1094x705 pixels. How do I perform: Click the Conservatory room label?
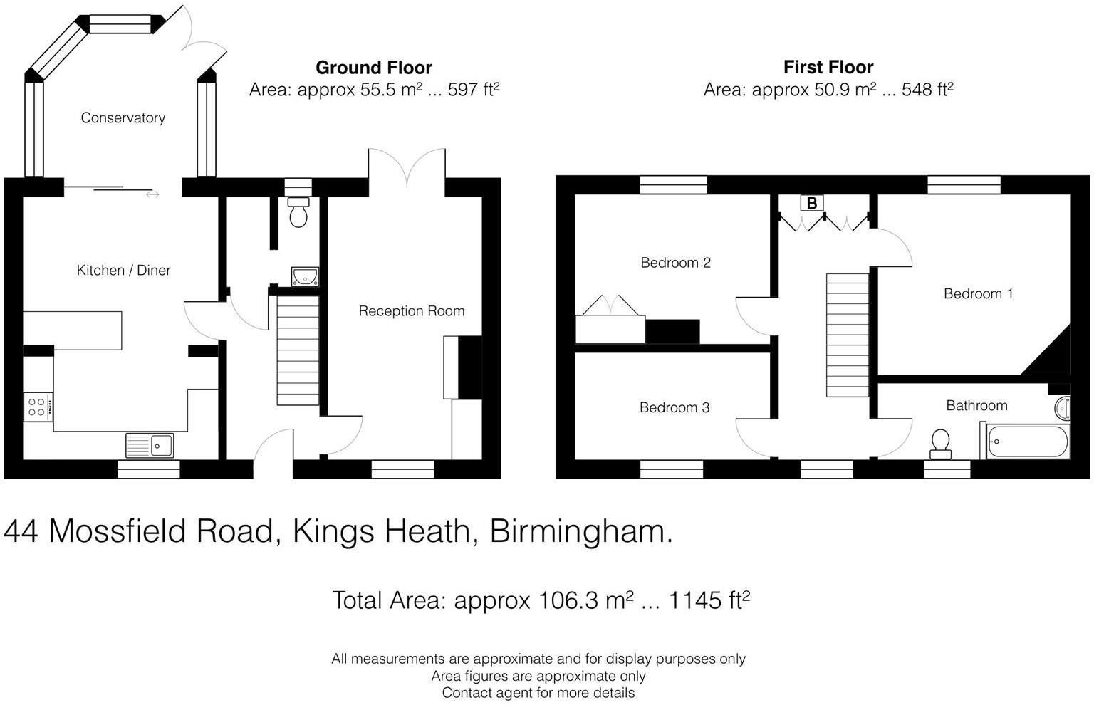(123, 117)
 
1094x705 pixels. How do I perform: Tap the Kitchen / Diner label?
(123, 270)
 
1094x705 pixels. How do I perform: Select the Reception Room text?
(412, 311)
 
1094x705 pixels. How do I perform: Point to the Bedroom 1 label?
(978, 293)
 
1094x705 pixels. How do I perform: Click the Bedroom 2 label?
(675, 263)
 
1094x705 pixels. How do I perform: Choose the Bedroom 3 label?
(674, 407)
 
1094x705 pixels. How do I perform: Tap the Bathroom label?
(976, 405)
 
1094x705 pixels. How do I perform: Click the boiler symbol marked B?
(812, 203)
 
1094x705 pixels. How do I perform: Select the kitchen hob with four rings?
(38, 407)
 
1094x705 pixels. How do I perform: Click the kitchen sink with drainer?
(150, 445)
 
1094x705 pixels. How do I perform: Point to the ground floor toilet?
(298, 212)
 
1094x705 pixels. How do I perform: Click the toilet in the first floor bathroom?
(941, 444)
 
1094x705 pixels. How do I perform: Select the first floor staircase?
(848, 335)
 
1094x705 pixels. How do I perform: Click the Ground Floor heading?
(374, 68)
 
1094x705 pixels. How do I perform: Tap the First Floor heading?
(828, 67)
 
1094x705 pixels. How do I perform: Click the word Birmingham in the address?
(581, 532)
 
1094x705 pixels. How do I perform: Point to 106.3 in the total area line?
(568, 600)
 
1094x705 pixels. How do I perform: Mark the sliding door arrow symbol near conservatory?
(152, 195)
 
